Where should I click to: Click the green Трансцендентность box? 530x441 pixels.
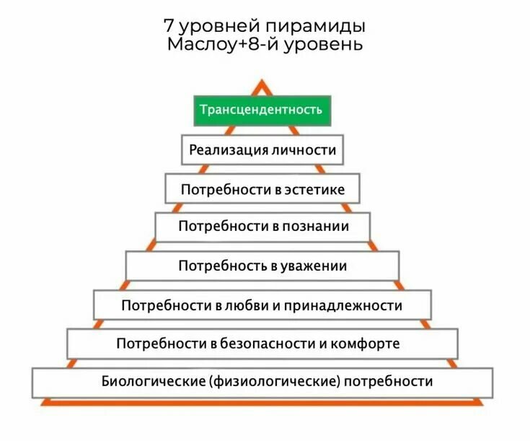262,110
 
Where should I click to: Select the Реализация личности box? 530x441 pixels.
262,149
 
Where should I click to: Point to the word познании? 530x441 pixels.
316,226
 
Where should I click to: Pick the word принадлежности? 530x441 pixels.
343,305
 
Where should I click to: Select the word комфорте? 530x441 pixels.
365,344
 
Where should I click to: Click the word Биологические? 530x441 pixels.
154,381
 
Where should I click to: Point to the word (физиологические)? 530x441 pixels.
275,381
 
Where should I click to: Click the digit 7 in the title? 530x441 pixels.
168,25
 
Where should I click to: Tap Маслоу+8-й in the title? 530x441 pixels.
224,44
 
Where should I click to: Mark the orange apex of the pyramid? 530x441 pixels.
262,81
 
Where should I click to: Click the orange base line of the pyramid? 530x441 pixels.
262,402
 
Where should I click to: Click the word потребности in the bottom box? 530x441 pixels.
388,382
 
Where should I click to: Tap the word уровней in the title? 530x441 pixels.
219,27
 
